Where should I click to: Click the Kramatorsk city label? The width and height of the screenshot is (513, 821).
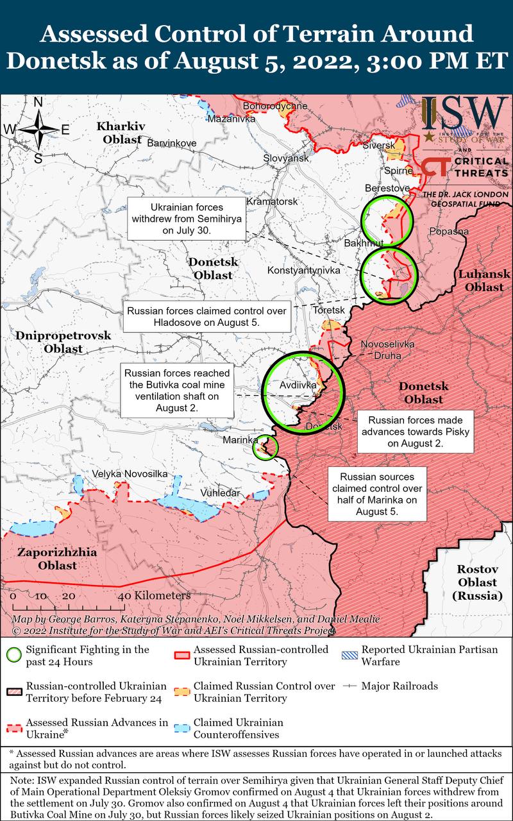tap(272, 201)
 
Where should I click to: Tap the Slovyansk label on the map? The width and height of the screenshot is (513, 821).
tap(286, 158)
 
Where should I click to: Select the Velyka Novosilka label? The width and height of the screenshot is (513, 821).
tap(130, 473)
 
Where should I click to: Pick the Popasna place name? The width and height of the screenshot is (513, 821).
tap(449, 232)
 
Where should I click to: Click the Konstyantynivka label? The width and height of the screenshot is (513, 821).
tap(303, 271)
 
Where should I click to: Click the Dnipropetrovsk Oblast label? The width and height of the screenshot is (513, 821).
tap(63, 342)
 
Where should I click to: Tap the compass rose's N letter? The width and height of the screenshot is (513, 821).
tap(38, 103)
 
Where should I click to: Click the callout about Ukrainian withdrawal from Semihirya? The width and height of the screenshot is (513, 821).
tap(187, 219)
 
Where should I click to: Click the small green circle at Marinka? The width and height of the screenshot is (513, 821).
tap(266, 447)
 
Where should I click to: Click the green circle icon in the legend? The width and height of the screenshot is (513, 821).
tap(13, 656)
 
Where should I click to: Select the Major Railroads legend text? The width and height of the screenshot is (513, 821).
tap(399, 686)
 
